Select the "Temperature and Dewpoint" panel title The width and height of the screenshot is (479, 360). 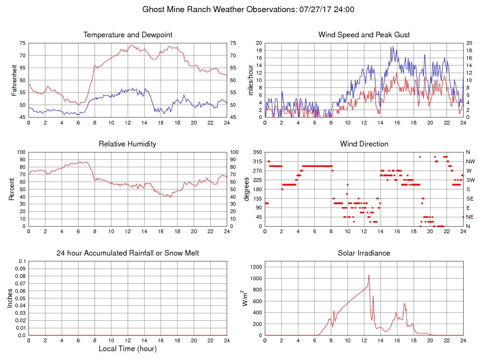[x=128, y=35]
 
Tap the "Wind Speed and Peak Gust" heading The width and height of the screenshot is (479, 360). [x=364, y=35]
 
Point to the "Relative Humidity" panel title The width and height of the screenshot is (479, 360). [x=128, y=144]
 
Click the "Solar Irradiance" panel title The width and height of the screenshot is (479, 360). [x=364, y=253]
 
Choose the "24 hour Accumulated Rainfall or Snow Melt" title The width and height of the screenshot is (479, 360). [x=128, y=253]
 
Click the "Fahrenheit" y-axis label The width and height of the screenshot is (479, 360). [x=14, y=80]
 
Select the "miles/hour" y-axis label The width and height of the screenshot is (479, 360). [x=250, y=80]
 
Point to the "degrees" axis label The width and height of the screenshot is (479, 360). [x=247, y=189]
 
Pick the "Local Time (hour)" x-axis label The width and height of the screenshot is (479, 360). [x=128, y=348]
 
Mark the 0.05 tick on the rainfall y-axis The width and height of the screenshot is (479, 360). [x=20, y=298]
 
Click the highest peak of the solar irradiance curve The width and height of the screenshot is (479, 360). [x=369, y=275]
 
